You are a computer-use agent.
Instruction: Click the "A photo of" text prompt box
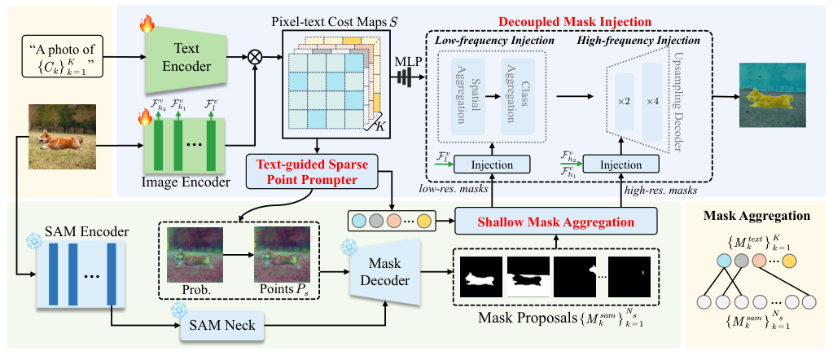click(x=65, y=58)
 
